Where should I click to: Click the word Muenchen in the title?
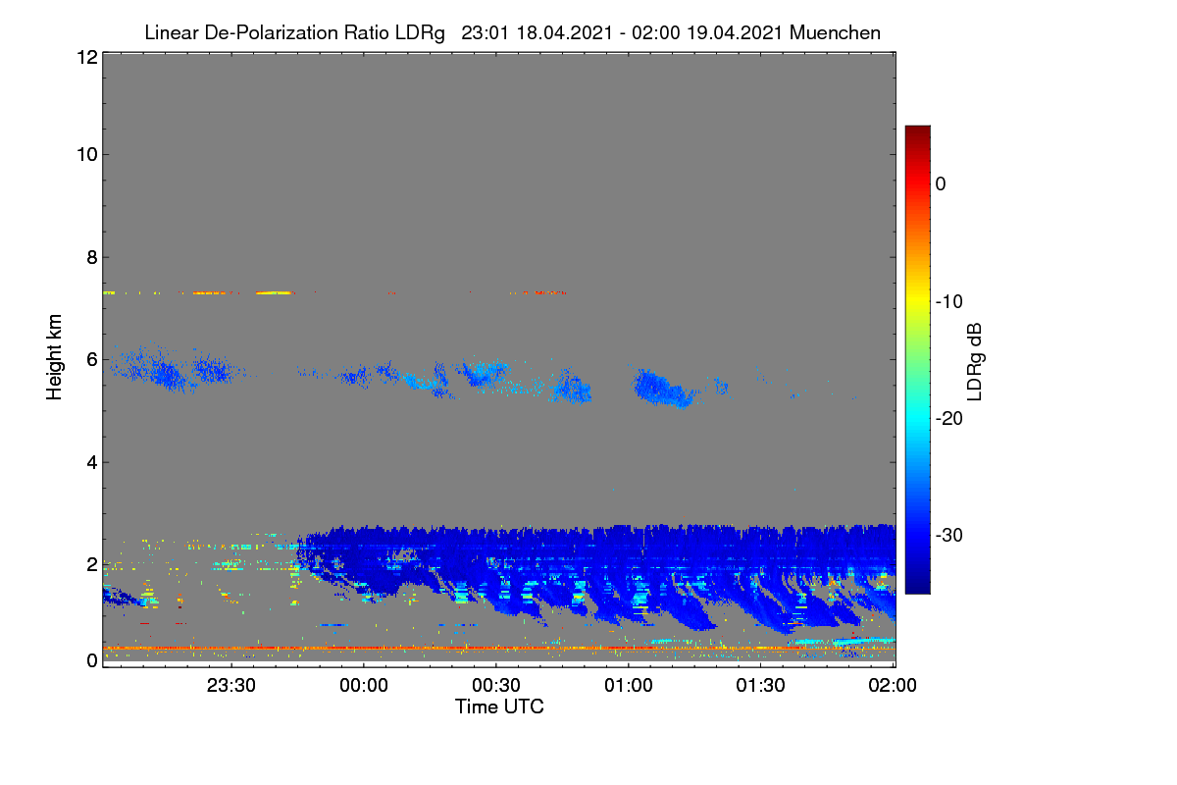coord(835,33)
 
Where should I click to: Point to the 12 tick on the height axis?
coord(87,57)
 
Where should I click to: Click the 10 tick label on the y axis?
coord(87,155)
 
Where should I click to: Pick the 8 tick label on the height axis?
coord(92,257)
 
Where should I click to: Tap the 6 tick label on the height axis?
coord(92,360)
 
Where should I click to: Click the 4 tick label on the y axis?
coord(92,463)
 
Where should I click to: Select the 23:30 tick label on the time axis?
coord(231,685)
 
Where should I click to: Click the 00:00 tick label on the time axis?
coord(364,685)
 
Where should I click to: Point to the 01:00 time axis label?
coord(629,685)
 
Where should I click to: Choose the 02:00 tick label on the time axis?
coord(893,685)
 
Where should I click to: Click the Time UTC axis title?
coord(499,706)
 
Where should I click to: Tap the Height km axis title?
coord(54,357)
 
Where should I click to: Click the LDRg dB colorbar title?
coord(974,362)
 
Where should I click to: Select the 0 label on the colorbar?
coord(941,184)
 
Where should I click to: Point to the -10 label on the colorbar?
coord(949,302)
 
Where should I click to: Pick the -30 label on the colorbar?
coord(949,535)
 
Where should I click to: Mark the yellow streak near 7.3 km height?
coord(274,292)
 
